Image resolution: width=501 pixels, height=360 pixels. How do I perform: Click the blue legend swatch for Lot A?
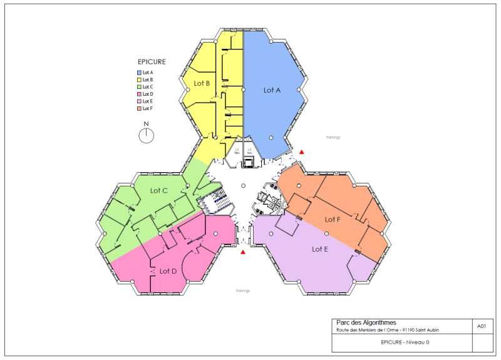click(139, 73)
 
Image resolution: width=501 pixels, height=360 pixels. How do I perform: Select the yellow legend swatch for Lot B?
click(139, 80)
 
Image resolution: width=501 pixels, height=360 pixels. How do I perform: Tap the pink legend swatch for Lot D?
click(139, 94)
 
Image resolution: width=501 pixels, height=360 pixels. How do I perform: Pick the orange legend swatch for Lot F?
click(139, 108)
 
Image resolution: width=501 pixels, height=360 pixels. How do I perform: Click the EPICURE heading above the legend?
click(152, 62)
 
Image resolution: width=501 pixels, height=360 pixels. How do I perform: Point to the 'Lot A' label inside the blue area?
click(272, 90)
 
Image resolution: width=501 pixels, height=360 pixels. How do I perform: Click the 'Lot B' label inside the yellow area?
click(200, 83)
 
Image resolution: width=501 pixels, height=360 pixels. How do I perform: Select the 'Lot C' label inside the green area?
click(159, 190)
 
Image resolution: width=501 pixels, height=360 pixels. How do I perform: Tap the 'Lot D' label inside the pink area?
click(168, 271)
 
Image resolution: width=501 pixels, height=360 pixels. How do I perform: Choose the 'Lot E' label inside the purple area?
click(320, 249)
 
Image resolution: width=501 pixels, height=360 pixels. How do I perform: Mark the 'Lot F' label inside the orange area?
click(333, 219)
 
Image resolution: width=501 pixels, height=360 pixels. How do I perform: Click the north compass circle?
click(147, 136)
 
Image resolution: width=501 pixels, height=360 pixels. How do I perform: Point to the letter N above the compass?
click(147, 124)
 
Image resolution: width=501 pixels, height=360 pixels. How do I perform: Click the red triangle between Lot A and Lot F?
click(302, 152)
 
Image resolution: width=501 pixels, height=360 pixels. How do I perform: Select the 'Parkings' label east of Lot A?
click(333, 137)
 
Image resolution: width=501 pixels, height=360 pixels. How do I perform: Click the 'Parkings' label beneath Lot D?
click(242, 291)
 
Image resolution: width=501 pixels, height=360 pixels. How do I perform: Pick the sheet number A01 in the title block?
click(481, 326)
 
